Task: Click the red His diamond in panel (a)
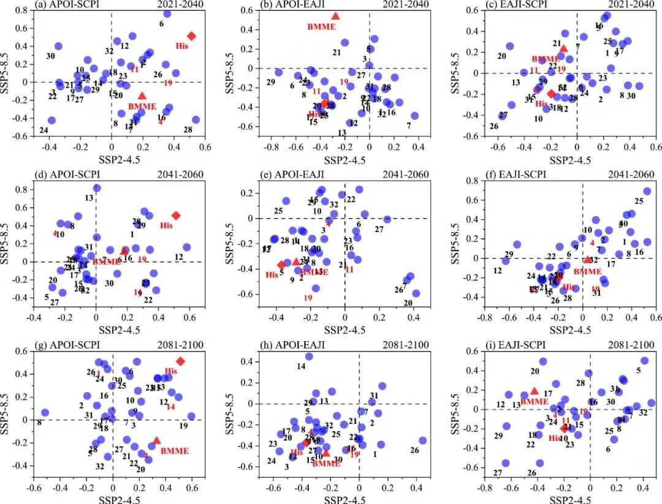(191, 36)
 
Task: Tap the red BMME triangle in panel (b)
(335, 17)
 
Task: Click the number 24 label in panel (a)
(44, 130)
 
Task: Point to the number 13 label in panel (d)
(89, 198)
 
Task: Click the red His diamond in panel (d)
(176, 216)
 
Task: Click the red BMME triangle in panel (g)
(156, 440)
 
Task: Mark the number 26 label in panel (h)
(414, 450)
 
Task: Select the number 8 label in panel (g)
(39, 423)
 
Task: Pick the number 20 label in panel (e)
(408, 303)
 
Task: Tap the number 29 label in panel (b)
(270, 82)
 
